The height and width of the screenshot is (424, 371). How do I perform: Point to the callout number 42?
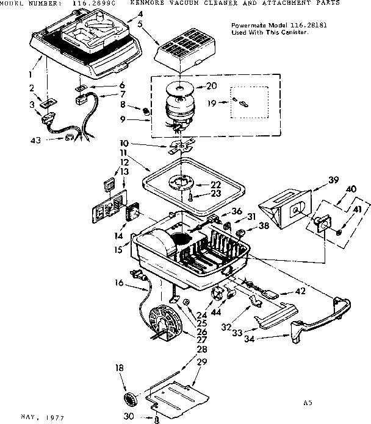click(x=299, y=291)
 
